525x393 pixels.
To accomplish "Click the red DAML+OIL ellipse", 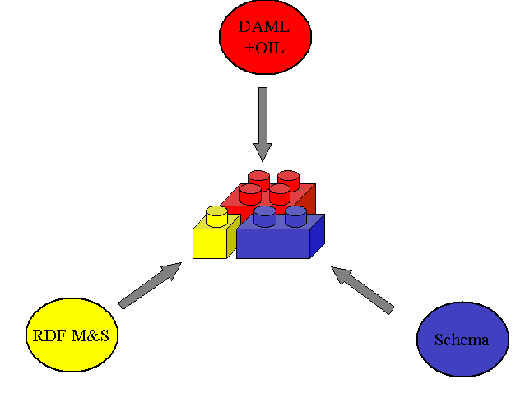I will pos(265,38).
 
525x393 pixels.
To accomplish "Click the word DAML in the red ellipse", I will pos(265,27).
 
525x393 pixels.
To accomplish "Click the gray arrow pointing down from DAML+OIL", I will pos(262,123).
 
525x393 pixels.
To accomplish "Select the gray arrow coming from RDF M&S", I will pos(150,285).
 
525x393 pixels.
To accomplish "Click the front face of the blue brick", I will pos(272,244).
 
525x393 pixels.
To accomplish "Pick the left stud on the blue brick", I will pos(265,216).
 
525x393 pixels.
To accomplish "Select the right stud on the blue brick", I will pos(295,216).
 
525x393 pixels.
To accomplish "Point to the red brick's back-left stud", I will pos(259,178).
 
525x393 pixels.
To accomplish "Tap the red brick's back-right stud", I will pos(288,178).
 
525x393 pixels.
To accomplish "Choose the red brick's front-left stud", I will pos(250,194).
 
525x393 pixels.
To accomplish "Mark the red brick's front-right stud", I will pos(280,194).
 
